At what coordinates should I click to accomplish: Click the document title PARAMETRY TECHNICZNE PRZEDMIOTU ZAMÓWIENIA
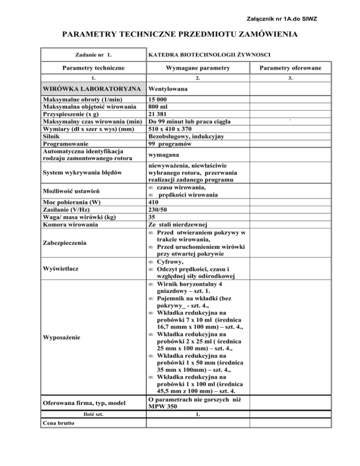coord(180,34)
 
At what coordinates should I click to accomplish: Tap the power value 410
coord(154,202)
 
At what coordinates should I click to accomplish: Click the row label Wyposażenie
coord(64,337)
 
